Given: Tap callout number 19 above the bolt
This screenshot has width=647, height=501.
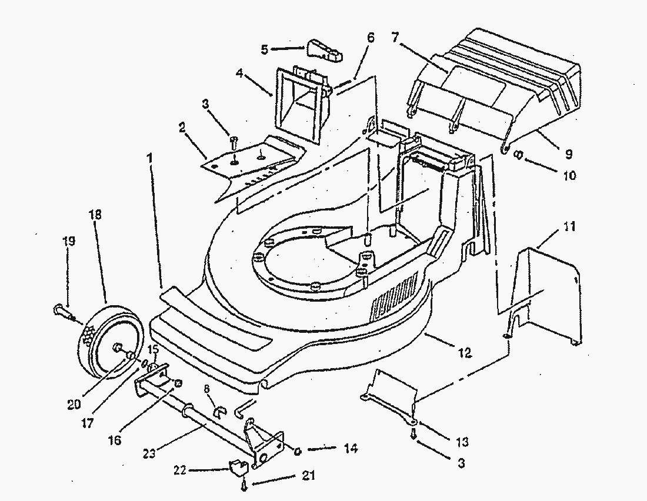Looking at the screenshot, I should click(x=68, y=241).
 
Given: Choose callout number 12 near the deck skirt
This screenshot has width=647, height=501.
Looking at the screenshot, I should click(x=465, y=353).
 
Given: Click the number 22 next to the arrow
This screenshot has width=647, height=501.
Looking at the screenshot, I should click(x=179, y=470).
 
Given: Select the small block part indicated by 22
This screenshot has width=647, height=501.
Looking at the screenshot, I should click(x=237, y=468).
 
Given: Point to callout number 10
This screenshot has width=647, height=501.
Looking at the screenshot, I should click(x=568, y=175).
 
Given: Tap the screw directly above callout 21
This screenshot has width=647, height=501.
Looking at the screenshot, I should click(x=242, y=486).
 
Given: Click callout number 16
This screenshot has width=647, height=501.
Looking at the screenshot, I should click(x=115, y=440).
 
